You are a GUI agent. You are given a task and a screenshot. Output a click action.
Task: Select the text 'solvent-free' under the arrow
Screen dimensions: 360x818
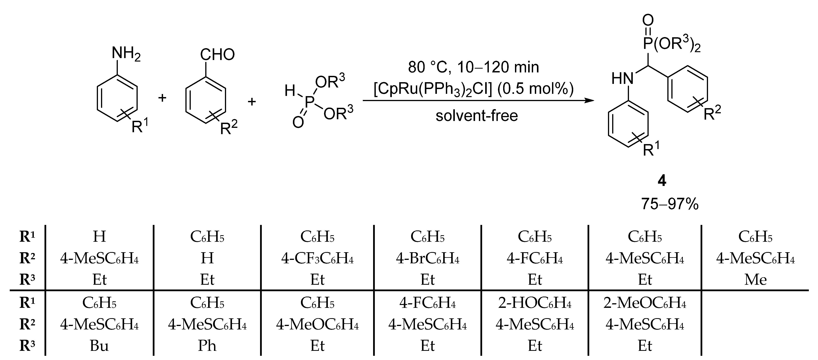click(x=476, y=115)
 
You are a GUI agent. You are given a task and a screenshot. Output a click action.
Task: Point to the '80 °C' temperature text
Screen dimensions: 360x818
click(x=427, y=67)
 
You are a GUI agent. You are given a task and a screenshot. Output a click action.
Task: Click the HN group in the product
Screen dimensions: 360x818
click(x=622, y=79)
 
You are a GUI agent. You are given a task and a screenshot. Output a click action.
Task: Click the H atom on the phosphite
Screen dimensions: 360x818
click(x=290, y=91)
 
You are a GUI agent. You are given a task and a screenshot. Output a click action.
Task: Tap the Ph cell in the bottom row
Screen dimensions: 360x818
click(x=207, y=346)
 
